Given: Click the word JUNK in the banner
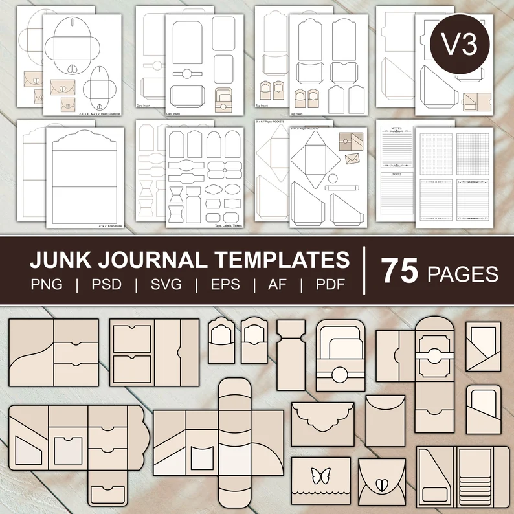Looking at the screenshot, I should (60, 261).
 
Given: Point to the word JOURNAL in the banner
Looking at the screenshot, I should (156, 261).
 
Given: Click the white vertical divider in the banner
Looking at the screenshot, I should (364, 272).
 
